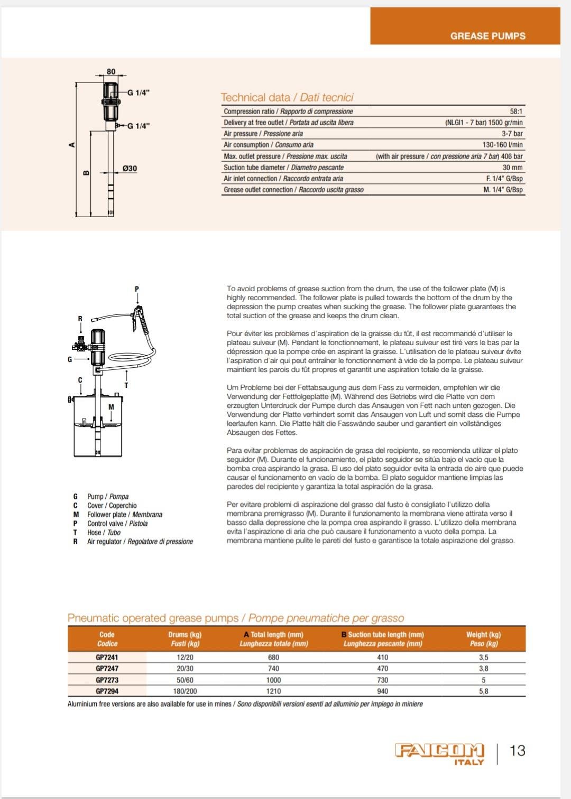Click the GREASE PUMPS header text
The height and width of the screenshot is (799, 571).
[487, 36]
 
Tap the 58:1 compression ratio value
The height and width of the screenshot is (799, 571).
[516, 112]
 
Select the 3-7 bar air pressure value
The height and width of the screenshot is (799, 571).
[512, 134]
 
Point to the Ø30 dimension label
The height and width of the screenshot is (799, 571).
[130, 169]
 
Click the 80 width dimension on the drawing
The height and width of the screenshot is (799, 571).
[111, 72]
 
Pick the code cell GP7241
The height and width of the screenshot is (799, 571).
[107, 657]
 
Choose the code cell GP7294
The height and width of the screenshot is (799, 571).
[107, 691]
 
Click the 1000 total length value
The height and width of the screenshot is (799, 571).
[273, 680]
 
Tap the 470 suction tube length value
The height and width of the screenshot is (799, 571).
[382, 668]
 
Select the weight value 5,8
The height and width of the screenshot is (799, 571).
[483, 691]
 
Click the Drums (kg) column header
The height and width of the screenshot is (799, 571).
[185, 639]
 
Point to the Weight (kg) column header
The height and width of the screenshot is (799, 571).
[483, 639]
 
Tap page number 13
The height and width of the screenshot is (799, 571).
[517, 751]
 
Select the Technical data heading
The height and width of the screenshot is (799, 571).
[287, 98]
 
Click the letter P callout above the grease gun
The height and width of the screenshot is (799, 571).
[137, 289]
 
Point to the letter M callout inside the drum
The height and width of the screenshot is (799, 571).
[111, 407]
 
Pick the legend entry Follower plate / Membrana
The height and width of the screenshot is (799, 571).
[125, 515]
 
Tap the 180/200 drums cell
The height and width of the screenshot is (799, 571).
[185, 691]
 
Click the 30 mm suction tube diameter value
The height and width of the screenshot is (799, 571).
[512, 168]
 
